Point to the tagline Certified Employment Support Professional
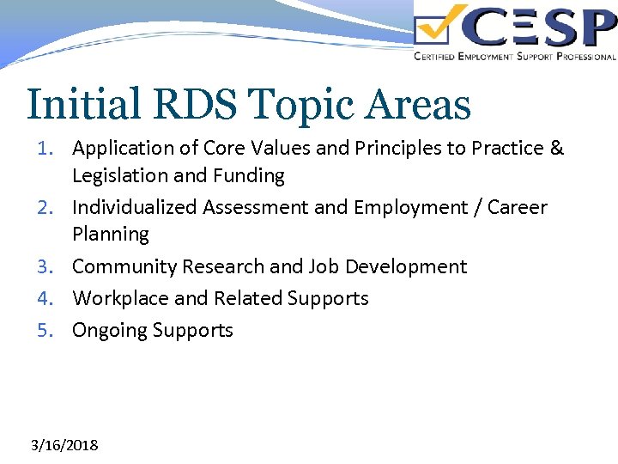click(x=514, y=57)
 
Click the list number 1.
click(x=49, y=149)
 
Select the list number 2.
click(x=49, y=208)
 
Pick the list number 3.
click(x=49, y=267)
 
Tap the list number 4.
click(x=49, y=299)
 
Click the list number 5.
click(x=49, y=331)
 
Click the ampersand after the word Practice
click(x=556, y=149)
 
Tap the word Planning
click(x=111, y=235)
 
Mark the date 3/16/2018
click(x=64, y=445)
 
